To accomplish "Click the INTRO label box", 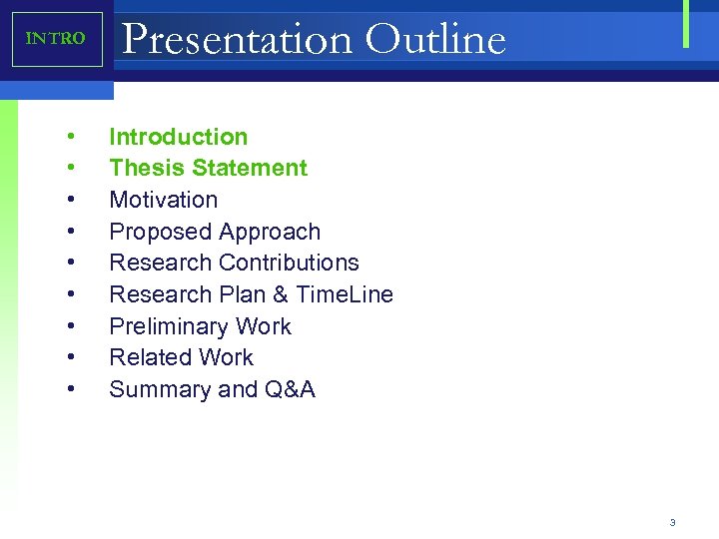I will [x=57, y=40].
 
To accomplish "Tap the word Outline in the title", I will [x=435, y=40].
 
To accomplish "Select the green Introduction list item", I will [x=178, y=137].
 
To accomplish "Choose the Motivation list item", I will [x=163, y=200].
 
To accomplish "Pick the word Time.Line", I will [x=345, y=294].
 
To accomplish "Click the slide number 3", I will [x=673, y=522].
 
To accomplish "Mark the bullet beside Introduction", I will [x=72, y=137].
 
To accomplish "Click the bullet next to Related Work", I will [x=72, y=357].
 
